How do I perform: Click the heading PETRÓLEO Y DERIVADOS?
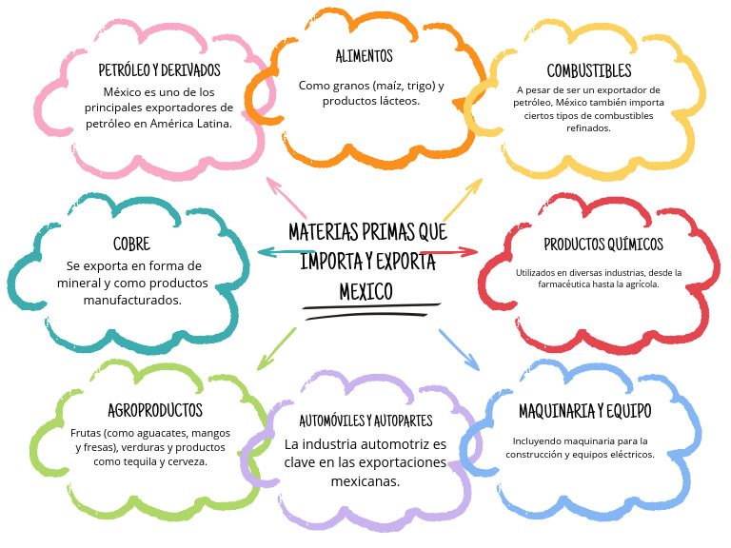click(160, 70)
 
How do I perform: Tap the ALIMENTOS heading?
click(365, 56)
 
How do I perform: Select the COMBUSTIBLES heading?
click(589, 70)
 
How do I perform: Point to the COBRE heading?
click(132, 244)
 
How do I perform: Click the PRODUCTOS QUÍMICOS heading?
click(603, 245)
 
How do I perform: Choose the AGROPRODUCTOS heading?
click(155, 411)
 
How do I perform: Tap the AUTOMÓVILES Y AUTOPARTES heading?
click(365, 421)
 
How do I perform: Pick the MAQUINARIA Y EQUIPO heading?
click(585, 411)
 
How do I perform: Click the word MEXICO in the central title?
click(365, 292)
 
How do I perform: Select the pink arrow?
click(286, 198)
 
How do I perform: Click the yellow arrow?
click(463, 200)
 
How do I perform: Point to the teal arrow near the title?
click(286, 253)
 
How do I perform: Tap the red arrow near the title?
click(449, 252)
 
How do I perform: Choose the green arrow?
click(276, 349)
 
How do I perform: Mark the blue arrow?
click(459, 350)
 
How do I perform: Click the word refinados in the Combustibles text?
click(588, 128)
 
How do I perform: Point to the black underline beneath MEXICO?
click(371, 311)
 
